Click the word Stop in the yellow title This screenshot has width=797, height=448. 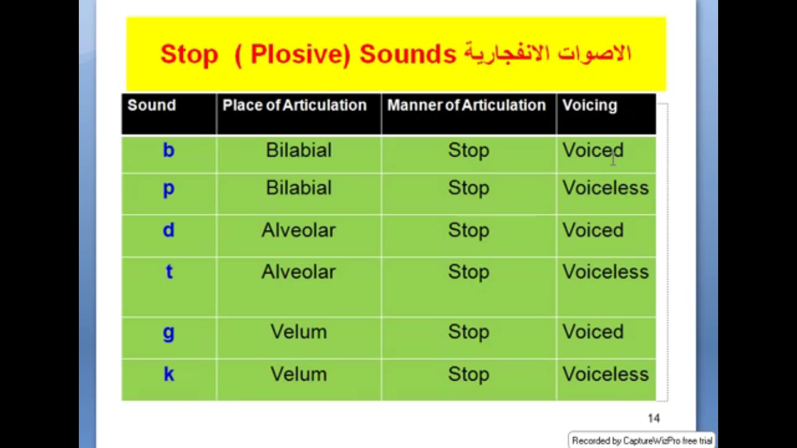(x=189, y=55)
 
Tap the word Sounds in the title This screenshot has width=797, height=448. (x=407, y=54)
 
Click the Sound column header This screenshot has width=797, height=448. (x=152, y=105)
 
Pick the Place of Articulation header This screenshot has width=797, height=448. (x=295, y=105)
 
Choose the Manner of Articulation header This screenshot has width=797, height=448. (x=467, y=105)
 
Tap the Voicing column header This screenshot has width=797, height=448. (x=590, y=106)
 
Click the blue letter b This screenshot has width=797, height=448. (x=168, y=150)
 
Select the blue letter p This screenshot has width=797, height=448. (x=168, y=189)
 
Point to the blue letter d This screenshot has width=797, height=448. (x=168, y=229)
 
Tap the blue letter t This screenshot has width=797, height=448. (x=169, y=272)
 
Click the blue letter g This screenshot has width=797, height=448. (x=168, y=333)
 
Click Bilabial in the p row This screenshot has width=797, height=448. (x=299, y=188)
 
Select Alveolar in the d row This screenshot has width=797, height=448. (x=299, y=230)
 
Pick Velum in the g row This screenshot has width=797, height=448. (x=299, y=332)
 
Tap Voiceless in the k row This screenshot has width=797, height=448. (x=606, y=374)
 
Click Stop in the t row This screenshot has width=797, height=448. (x=468, y=272)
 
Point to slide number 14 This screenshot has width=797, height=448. (x=654, y=418)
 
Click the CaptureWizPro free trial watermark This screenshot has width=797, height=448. (x=642, y=440)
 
